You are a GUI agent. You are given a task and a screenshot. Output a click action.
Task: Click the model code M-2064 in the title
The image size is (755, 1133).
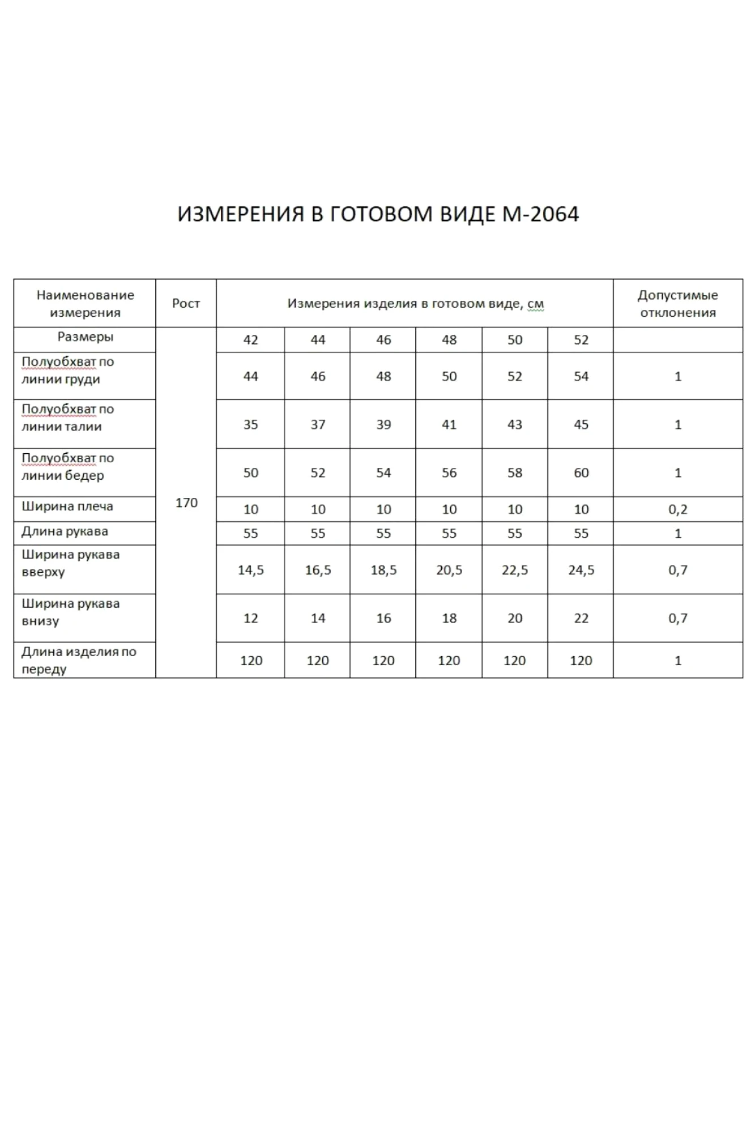coord(540,214)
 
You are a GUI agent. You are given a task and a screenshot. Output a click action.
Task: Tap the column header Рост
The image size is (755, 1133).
coord(186,303)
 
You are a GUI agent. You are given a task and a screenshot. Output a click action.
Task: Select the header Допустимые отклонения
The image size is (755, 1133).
coord(677,303)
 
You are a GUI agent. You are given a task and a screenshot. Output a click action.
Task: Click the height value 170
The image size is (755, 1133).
coord(186,502)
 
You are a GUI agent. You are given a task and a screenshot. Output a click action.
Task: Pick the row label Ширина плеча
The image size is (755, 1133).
coord(67,506)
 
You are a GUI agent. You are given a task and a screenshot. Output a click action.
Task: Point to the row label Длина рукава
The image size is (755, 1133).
coord(65,531)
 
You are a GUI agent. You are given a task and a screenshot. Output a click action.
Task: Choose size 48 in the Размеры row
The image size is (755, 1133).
coord(449,340)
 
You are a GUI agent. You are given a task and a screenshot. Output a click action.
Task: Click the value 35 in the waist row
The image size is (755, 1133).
coord(250,424)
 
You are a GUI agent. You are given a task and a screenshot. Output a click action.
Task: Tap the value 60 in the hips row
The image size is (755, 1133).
coord(581,472)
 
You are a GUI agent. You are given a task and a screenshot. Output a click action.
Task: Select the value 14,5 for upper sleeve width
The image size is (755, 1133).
coord(250,570)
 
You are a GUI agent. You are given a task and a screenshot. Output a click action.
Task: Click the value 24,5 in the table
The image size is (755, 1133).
coord(581,570)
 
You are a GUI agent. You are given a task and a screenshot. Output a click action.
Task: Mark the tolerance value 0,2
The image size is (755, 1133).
coord(677,509)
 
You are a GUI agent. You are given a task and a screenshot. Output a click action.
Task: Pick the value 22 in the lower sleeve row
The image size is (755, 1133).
coord(581,618)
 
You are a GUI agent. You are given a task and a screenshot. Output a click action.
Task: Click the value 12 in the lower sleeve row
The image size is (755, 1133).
coord(250,618)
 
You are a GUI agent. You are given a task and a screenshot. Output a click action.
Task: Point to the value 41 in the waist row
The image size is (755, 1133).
coord(449,424)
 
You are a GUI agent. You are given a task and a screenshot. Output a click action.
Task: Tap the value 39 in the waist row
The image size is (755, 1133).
coord(383,424)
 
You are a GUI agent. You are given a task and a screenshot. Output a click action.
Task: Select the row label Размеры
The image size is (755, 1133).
coord(85,337)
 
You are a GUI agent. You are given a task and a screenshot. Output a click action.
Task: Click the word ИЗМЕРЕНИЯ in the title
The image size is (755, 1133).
coord(241,214)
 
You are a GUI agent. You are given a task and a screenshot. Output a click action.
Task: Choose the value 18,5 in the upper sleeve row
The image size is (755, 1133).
coord(383,570)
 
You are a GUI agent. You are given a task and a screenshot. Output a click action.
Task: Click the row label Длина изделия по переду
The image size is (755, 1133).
coord(79,660)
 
